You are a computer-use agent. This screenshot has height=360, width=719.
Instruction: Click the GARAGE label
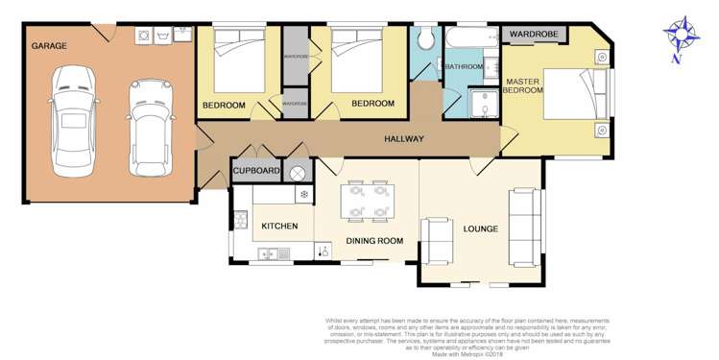pos(48,45)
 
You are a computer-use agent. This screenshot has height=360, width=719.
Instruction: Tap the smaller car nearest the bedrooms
pos(147,122)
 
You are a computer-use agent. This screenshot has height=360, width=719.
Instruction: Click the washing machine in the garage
pos(143,36)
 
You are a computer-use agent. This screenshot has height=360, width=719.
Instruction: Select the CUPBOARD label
pos(256,172)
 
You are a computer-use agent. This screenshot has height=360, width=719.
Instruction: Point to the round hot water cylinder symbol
pos(298,173)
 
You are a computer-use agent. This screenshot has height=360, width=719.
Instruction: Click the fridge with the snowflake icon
pos(304,195)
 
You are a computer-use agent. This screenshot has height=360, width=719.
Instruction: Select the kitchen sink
pos(271,253)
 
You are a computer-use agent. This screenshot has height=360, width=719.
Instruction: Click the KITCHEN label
pos(279,227)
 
